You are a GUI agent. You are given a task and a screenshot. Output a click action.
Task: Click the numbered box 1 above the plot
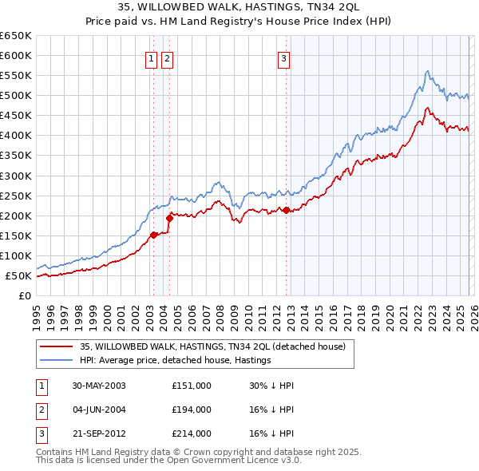pos(151,57)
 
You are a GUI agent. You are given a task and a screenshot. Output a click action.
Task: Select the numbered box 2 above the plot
pos(167,57)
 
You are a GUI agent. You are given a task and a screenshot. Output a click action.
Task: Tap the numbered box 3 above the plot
pos(283,57)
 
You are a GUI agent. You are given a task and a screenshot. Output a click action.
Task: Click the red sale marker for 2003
pos(153,235)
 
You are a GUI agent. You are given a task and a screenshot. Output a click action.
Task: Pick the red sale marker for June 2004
pos(168,217)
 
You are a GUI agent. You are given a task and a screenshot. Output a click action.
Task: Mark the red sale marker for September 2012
pos(286,210)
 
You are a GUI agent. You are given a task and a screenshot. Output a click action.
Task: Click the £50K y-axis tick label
pos(18,276)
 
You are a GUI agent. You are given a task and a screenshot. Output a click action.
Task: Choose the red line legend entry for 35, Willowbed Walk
pos(212,346)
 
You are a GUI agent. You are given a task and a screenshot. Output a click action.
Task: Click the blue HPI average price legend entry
pos(176,361)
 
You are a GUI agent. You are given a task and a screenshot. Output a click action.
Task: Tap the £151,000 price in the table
pos(192,386)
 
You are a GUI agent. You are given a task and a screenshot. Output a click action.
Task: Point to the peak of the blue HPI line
pos(428,72)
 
